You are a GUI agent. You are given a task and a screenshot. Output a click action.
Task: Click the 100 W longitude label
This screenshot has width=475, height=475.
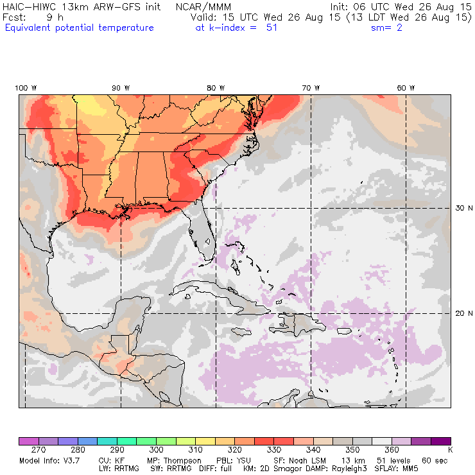click(26, 88)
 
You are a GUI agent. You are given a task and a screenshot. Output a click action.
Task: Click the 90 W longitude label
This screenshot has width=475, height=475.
click(121, 88)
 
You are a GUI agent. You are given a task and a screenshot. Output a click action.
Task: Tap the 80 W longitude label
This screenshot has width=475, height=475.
click(216, 88)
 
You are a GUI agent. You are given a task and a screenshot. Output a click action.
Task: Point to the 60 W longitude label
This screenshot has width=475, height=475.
click(406, 88)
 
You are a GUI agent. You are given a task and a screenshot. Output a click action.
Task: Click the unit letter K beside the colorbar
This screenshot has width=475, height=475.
click(450, 451)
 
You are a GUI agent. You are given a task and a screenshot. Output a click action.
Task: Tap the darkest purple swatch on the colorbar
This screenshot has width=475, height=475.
click(440, 441)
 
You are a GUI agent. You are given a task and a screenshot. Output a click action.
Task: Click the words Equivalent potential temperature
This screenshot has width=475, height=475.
click(79, 28)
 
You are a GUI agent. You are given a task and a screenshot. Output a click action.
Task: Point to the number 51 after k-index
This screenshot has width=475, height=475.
click(272, 28)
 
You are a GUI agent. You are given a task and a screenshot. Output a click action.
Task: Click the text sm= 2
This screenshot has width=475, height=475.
click(386, 28)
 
